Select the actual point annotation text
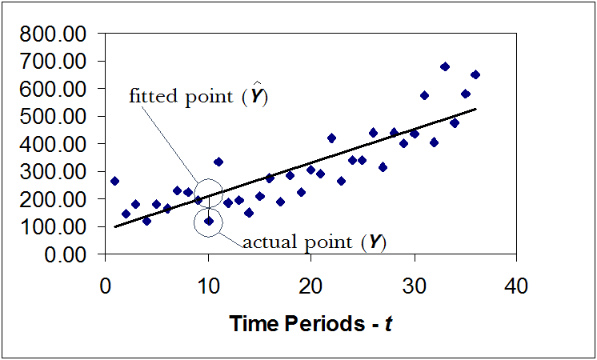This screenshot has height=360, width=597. [295, 241]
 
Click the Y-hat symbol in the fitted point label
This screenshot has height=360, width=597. [257, 95]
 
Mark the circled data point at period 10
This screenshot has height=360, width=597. [208, 221]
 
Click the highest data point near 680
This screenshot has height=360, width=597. [445, 66]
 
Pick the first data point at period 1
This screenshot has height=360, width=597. [114, 181]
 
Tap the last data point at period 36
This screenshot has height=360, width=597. [475, 74]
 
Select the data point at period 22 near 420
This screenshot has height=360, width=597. [331, 138]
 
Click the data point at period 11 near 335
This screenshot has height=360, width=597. [218, 162]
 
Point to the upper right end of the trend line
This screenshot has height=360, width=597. [476, 109]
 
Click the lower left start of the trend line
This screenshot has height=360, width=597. [115, 226]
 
